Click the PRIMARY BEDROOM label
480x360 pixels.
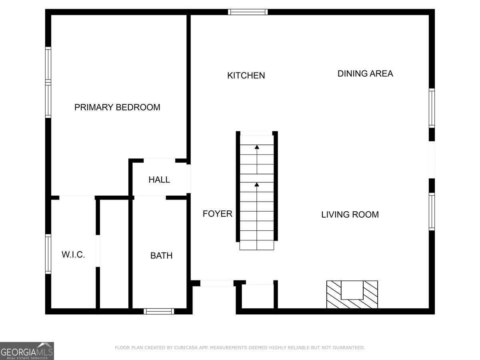coord(117,107)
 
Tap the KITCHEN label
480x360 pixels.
coord(246,75)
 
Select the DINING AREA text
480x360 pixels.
coord(365,74)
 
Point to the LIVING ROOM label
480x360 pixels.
coord(350,214)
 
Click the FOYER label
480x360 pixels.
coord(217,214)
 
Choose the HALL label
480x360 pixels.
coord(159,180)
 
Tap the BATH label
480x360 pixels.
coord(161,256)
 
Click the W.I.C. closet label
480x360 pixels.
coord(73,254)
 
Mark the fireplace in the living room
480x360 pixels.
coord(352,294)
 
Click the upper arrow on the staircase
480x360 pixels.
coord(257,148)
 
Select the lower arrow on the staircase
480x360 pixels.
coord(257,185)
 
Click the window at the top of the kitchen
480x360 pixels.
coord(248,12)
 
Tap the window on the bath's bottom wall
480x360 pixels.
coord(159,311)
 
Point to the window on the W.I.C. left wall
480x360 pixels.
coord(48,254)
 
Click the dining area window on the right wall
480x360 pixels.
coord(432,108)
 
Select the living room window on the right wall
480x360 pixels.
coord(432,212)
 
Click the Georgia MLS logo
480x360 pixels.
coord(27,351)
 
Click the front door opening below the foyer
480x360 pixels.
coord(216,283)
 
